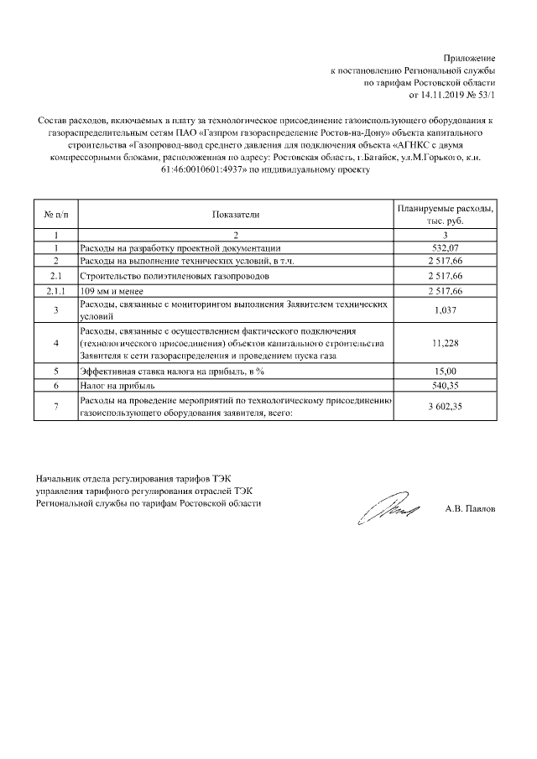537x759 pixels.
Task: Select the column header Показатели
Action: coord(236,215)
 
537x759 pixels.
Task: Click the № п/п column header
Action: coord(55,215)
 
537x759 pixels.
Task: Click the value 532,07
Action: coord(446,248)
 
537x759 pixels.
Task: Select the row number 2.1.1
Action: coord(55,290)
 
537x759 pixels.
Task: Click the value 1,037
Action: coord(446,310)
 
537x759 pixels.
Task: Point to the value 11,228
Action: coord(446,344)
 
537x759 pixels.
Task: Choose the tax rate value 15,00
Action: coord(446,370)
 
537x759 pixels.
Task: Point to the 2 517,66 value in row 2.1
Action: coord(446,275)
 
